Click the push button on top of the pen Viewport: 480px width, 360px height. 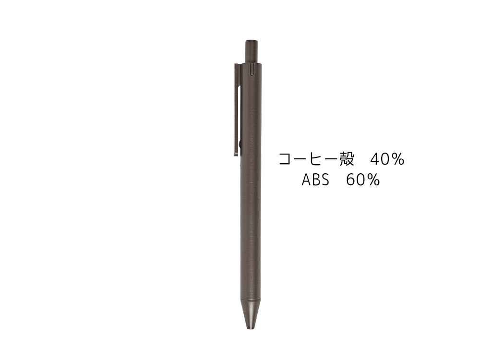click(251, 51)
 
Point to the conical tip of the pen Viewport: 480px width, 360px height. click(251, 314)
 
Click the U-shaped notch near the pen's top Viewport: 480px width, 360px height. click(252, 70)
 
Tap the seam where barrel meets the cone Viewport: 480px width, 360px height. click(251, 300)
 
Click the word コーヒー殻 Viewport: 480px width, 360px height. click(316, 159)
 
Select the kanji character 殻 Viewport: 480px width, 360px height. click(347, 159)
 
